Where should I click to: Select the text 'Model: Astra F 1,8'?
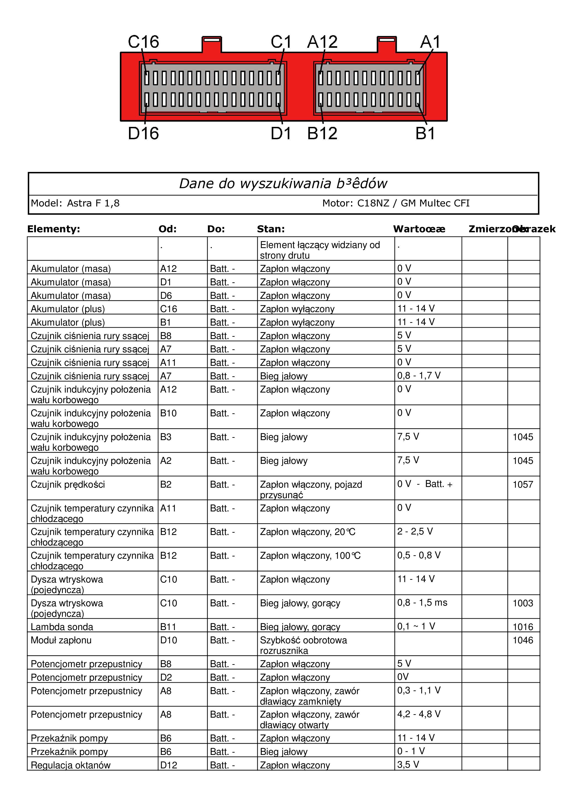pos(75,203)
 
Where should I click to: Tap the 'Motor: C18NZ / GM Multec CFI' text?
pos(396,203)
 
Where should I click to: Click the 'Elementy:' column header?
pos(54,229)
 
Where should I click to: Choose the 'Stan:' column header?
pos(271,229)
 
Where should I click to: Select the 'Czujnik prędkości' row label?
pos(68,484)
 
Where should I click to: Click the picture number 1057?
pos(523,484)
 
